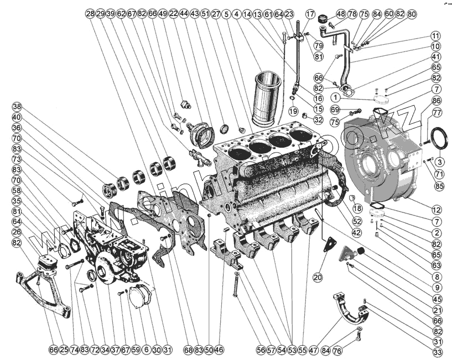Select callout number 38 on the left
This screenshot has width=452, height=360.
[17, 107]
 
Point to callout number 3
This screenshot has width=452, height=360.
[440, 161]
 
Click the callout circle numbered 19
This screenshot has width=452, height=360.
[292, 111]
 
